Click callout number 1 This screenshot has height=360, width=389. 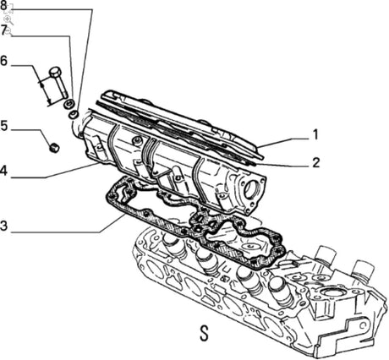click(x=315, y=134)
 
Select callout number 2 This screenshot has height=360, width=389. click(x=315, y=162)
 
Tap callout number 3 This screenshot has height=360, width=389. click(x=3, y=226)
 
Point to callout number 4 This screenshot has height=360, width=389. click(x=3, y=171)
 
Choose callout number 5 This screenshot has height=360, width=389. click(x=3, y=125)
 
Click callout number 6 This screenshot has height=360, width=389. click(x=3, y=61)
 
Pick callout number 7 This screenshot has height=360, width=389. click(x=3, y=30)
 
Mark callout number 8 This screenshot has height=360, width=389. click(x=3, y=6)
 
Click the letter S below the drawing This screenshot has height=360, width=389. click(x=205, y=334)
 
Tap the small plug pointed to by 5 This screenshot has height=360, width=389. click(x=54, y=148)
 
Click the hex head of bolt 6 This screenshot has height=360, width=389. click(x=55, y=72)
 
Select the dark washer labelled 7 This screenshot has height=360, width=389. click(x=68, y=104)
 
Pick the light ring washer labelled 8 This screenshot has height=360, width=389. click(x=74, y=115)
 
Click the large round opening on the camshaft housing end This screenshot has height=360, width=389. click(x=252, y=189)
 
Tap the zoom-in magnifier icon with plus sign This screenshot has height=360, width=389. click(x=8, y=19)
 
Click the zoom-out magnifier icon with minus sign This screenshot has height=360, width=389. click(x=9, y=31)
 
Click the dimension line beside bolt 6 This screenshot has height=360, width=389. click(x=45, y=92)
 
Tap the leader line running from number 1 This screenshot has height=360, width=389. click(x=285, y=143)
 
